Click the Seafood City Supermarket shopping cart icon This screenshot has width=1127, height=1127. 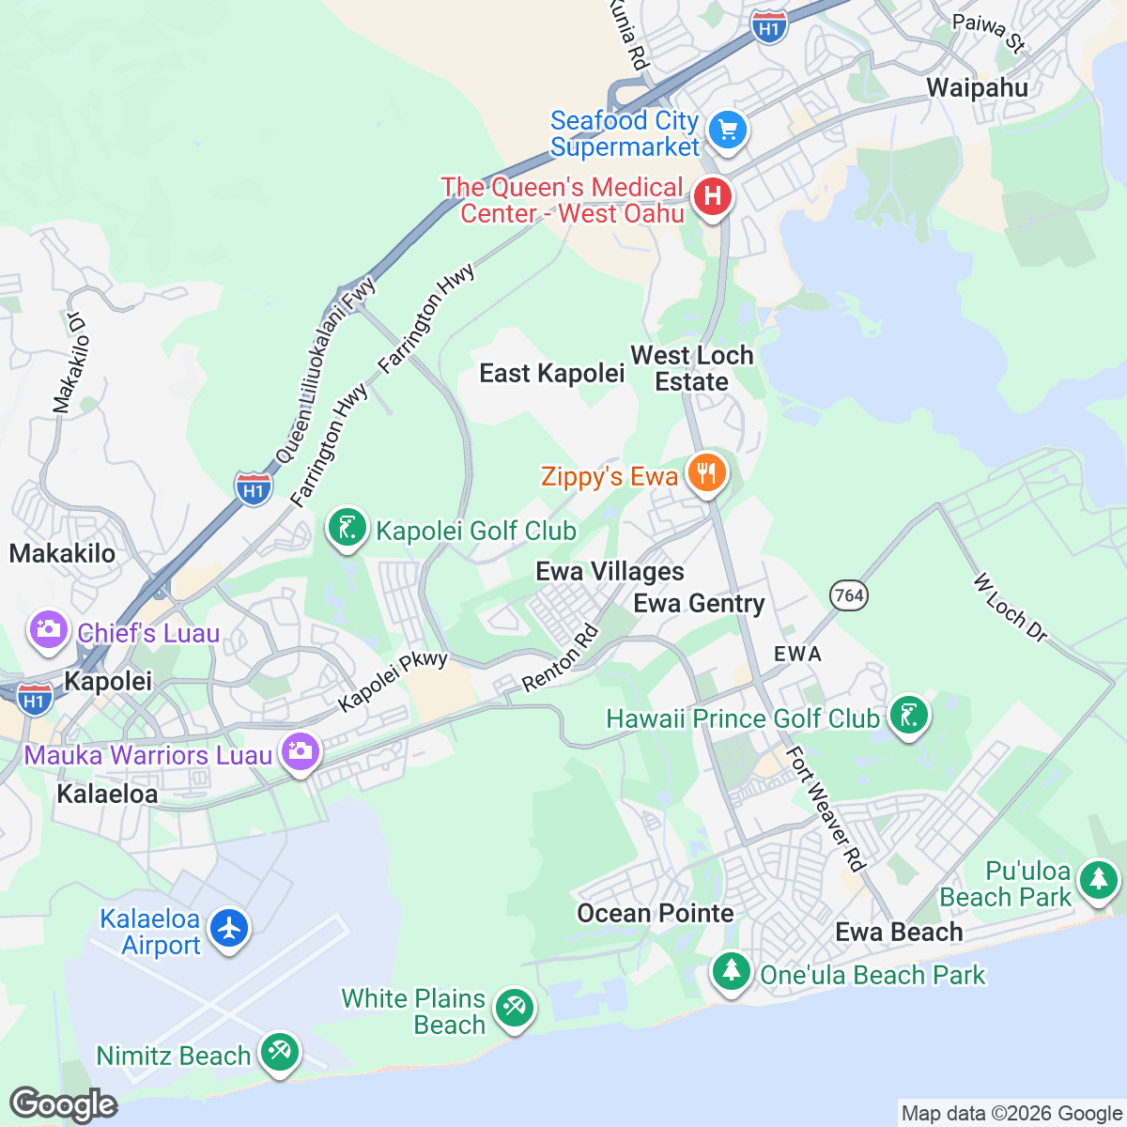(726, 130)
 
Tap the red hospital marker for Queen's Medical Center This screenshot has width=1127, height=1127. (712, 197)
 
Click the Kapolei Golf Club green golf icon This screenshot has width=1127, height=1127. (347, 528)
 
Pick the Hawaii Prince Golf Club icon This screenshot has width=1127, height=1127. (907, 716)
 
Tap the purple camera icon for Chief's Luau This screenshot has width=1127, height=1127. (48, 629)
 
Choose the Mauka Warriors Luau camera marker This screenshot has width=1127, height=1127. (300, 751)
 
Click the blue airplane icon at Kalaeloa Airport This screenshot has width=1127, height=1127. (228, 929)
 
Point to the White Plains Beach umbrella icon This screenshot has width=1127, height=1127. (513, 1009)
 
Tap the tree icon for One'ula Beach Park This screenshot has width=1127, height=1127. (731, 971)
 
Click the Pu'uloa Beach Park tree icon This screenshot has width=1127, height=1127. (1097, 882)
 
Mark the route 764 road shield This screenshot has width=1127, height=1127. (848, 594)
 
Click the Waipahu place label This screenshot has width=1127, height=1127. (977, 88)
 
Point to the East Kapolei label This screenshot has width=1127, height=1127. (551, 374)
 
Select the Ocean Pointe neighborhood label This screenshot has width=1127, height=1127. (655, 913)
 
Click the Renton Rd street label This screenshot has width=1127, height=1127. (560, 658)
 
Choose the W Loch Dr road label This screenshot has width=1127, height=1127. (1011, 609)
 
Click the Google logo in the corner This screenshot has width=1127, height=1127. (63, 1104)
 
